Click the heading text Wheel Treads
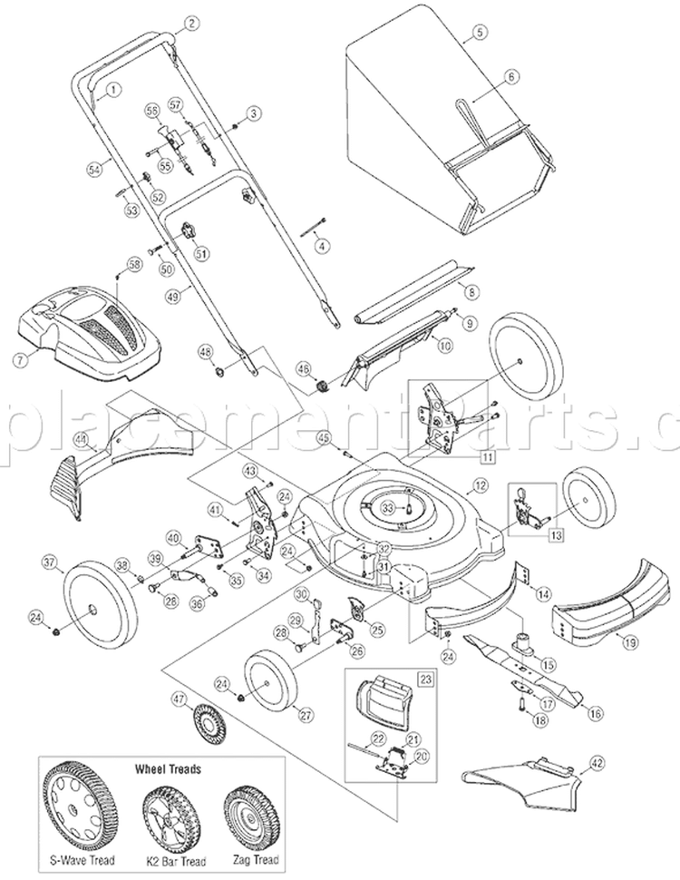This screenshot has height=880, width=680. point(168,768)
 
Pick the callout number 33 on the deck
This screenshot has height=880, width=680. point(387,504)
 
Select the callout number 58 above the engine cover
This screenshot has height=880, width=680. point(135,265)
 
